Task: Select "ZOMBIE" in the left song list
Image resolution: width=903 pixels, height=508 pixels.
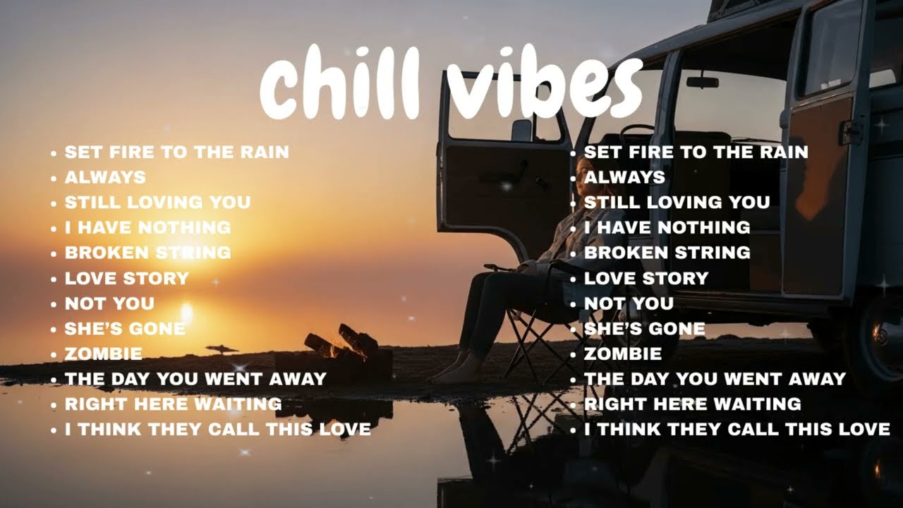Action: (103, 353)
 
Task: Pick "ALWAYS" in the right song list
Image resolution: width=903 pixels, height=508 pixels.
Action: (624, 177)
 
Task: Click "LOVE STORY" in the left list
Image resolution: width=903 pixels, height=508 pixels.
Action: (127, 278)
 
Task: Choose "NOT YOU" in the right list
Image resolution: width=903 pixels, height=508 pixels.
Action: (629, 303)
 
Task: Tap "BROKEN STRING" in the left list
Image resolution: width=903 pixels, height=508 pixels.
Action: (147, 253)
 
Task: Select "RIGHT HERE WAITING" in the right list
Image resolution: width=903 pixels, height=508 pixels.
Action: (692, 404)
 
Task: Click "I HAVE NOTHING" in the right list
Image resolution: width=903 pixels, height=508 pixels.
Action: (667, 227)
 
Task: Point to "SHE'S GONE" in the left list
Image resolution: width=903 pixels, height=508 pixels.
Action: (125, 329)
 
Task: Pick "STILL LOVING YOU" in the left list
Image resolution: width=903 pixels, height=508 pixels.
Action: (157, 202)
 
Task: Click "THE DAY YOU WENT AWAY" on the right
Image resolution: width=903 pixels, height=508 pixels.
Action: (715, 379)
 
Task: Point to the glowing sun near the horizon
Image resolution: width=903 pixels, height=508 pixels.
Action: (186, 310)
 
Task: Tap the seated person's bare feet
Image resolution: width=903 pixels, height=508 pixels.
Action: (455, 370)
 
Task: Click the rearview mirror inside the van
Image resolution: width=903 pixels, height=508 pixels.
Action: (702, 81)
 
